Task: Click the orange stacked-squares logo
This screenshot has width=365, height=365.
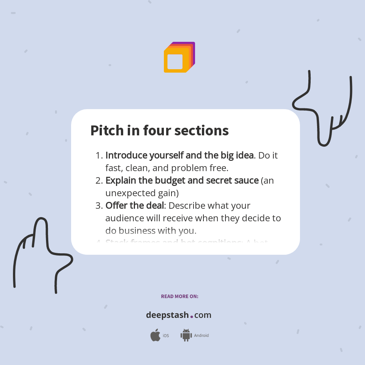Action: tap(179, 57)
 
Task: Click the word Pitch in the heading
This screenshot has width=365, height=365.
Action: tap(102, 130)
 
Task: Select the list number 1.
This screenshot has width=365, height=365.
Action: tap(98, 156)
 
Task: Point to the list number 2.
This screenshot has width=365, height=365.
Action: tap(98, 181)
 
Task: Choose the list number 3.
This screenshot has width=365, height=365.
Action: tap(98, 206)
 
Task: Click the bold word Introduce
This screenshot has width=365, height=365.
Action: tap(126, 156)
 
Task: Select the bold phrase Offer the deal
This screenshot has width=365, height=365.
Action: tap(135, 206)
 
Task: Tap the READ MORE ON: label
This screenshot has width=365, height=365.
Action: tap(179, 296)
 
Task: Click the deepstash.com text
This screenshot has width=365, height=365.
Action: tap(179, 315)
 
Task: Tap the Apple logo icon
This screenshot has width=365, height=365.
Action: tap(155, 335)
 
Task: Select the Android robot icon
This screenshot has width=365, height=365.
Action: tap(186, 335)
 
